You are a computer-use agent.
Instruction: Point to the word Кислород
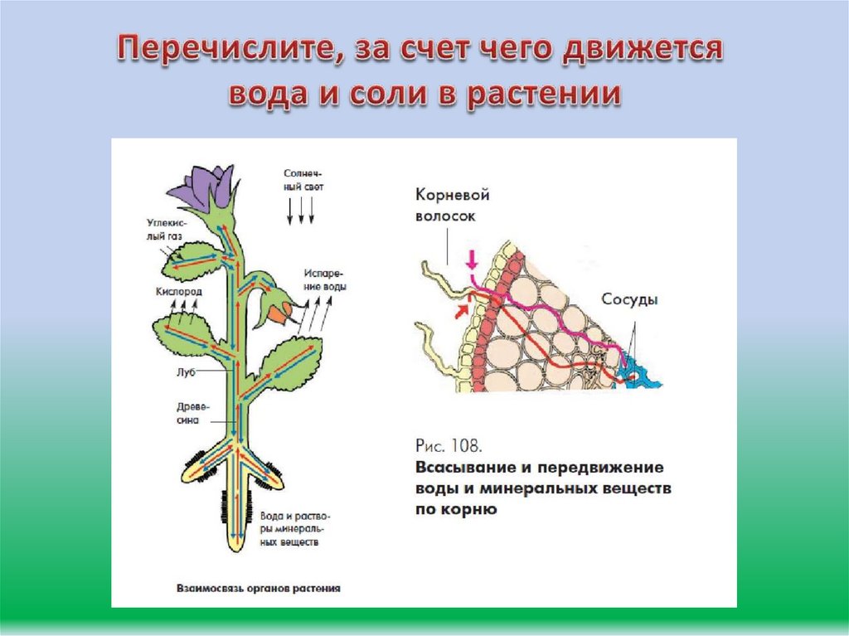(178, 293)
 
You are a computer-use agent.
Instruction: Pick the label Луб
(186, 372)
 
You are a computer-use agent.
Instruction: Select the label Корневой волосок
(452, 205)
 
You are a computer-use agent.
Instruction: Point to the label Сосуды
(630, 300)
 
